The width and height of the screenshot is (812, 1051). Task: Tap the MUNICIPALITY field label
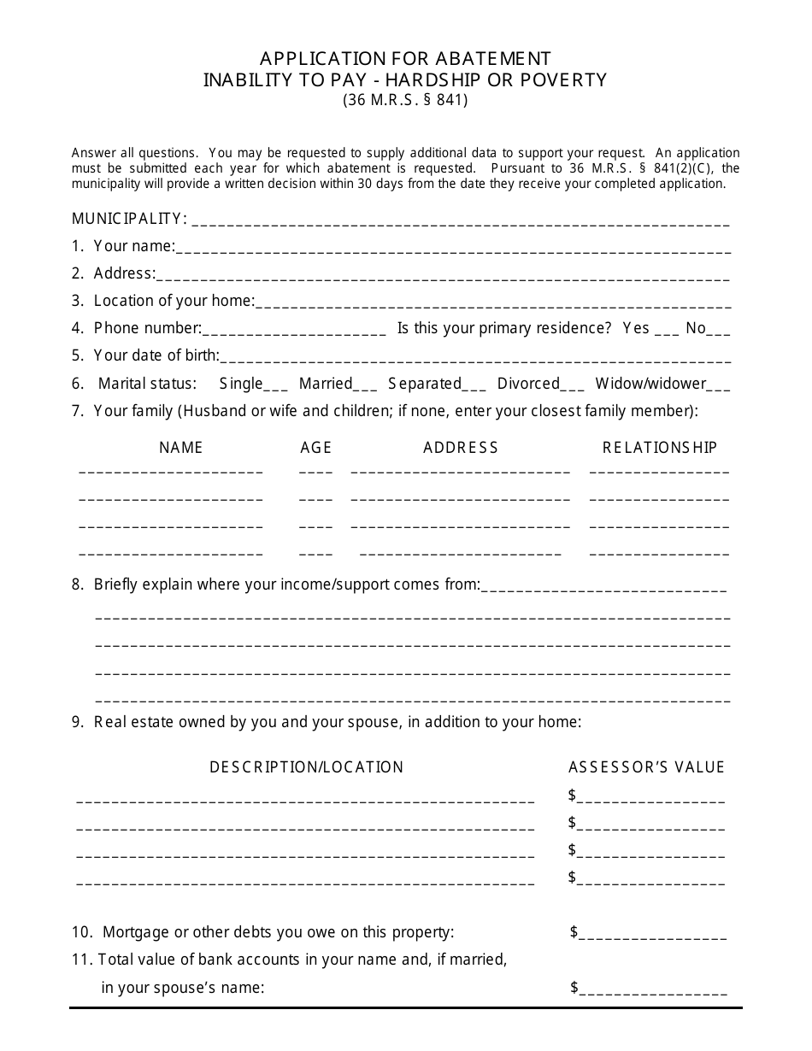pyautogui.click(x=128, y=219)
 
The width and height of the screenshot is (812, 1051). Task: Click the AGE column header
pyautogui.click(x=316, y=447)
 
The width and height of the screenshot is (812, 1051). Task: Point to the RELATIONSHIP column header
pyautogui.click(x=660, y=447)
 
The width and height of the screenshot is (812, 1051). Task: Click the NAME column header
pyautogui.click(x=181, y=447)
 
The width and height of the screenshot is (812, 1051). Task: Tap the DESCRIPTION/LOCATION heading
pyautogui.click(x=307, y=766)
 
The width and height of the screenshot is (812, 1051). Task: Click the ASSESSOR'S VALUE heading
pyautogui.click(x=647, y=766)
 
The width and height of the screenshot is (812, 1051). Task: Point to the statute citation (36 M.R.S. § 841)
pyautogui.click(x=406, y=99)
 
